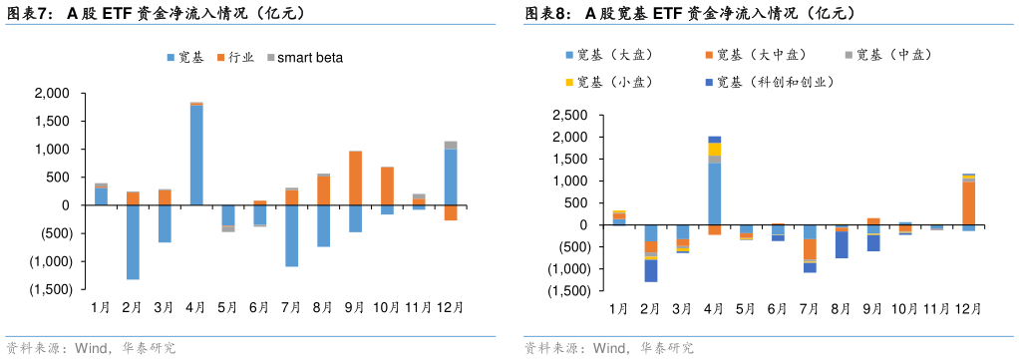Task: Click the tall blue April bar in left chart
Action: tap(196, 155)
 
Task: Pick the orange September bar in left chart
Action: tap(355, 178)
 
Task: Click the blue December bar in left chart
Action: tap(451, 177)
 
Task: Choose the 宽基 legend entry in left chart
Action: tap(183, 58)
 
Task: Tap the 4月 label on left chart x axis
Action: tap(196, 307)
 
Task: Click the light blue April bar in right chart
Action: tap(714, 193)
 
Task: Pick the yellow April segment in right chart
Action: tap(714, 149)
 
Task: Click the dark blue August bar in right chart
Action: tap(842, 244)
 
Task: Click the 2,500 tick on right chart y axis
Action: tap(570, 115)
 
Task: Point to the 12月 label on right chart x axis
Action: tap(968, 309)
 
